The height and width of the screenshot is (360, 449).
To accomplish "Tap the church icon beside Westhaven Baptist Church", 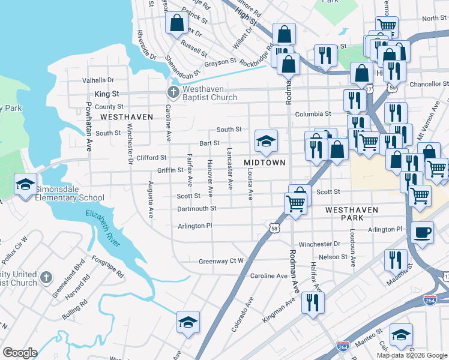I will point(173,92).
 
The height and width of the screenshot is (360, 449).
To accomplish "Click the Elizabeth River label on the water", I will point(104,227).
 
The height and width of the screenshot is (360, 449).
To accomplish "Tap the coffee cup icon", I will point(423,232).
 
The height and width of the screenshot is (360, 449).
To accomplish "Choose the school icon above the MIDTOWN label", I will point(266,141).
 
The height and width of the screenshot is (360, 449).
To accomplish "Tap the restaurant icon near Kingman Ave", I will point(313,302).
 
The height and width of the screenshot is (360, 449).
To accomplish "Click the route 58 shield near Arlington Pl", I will point(273,229).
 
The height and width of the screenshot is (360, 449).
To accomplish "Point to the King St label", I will point(107,94).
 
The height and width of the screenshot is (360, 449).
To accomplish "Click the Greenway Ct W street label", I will point(221,261).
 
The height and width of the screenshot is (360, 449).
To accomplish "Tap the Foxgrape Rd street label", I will point(107,267).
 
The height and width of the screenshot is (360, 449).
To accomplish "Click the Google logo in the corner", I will point(19,353).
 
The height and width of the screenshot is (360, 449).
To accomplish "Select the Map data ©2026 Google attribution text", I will point(412,355).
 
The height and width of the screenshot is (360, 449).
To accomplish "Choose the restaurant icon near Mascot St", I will point(395,259).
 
